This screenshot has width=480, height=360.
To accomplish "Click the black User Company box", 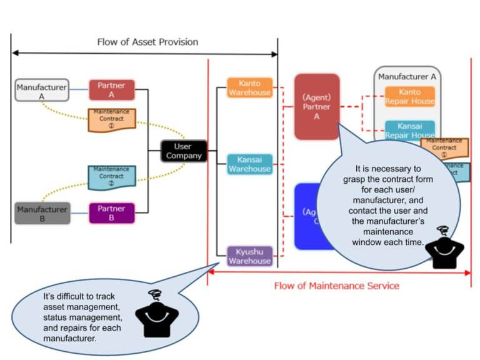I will [184, 151].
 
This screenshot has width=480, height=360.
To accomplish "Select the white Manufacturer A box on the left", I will [42, 91].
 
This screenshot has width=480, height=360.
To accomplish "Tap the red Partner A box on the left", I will [112, 90].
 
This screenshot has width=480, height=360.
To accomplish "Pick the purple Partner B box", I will [112, 213].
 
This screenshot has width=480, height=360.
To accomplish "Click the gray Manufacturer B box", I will [42, 213].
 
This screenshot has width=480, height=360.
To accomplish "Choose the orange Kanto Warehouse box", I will [249, 87].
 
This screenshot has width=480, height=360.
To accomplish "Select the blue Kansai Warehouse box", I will [249, 164].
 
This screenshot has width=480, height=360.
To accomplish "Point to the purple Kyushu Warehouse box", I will [249, 256].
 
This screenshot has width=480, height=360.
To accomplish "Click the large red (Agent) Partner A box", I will [317, 106].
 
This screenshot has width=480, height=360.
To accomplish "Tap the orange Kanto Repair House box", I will [409, 97].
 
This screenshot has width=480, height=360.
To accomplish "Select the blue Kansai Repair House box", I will [409, 130].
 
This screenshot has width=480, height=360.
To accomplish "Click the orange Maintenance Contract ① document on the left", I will [111, 119].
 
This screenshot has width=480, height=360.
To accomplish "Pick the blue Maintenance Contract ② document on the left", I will [111, 177].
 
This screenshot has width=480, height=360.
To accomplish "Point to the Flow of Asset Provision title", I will [147, 42].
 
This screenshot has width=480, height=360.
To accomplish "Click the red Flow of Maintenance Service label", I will [336, 286].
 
